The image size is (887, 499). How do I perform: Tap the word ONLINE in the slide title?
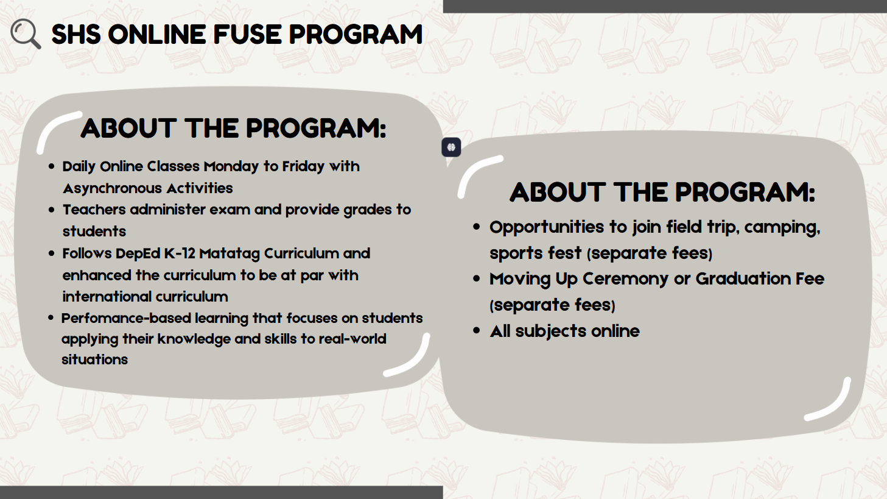157,34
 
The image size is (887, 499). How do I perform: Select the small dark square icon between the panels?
451,147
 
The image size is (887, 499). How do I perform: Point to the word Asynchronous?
111,189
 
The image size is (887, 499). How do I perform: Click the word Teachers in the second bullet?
94,210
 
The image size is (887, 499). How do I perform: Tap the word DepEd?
138,253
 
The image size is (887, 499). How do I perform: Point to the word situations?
94,360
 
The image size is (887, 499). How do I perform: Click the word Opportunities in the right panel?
547,228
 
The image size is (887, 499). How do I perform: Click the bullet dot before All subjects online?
476,331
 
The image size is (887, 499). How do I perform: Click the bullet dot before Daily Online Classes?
51,166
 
